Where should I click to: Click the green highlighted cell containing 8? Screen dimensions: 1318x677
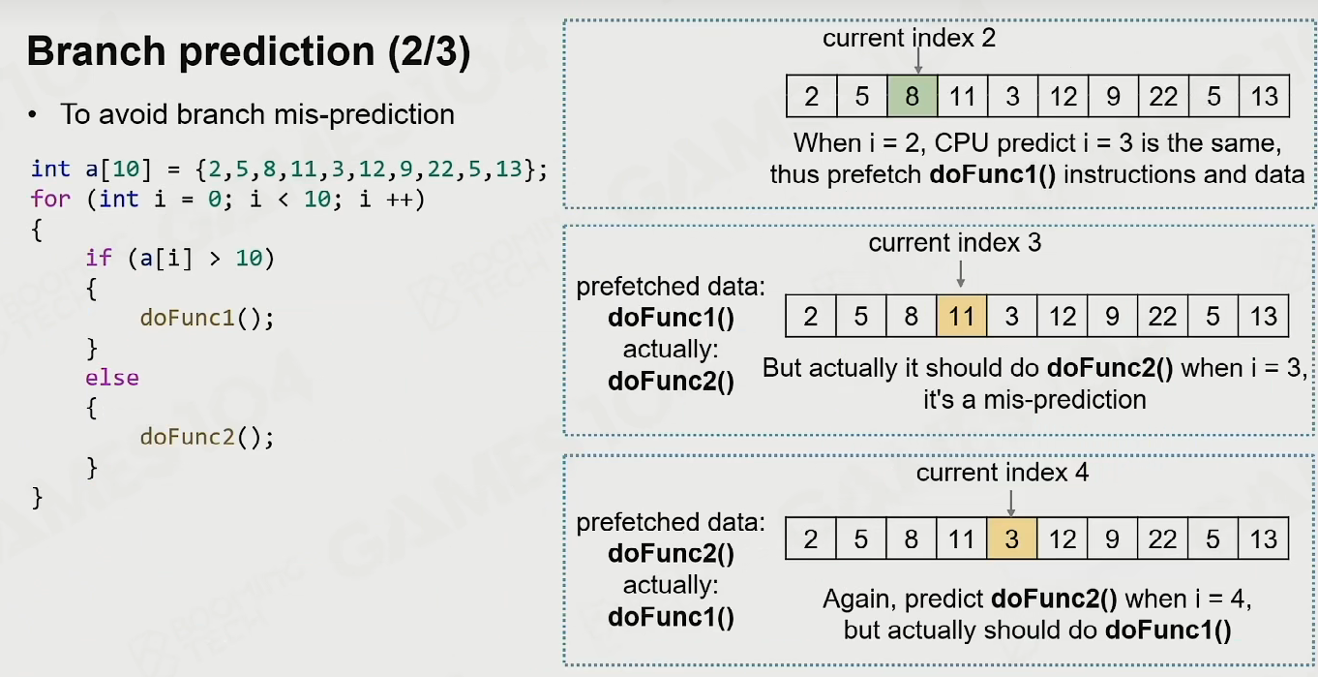(x=912, y=96)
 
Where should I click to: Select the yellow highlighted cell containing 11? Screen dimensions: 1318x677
(x=962, y=316)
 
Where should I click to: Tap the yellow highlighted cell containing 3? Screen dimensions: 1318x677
(x=1012, y=539)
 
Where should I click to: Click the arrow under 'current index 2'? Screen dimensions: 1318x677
(x=918, y=61)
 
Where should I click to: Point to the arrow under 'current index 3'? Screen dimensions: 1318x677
(x=960, y=274)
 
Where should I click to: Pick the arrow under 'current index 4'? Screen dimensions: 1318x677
(x=1011, y=504)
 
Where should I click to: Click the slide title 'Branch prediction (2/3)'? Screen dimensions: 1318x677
(x=249, y=51)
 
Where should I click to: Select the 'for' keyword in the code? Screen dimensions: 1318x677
(x=50, y=199)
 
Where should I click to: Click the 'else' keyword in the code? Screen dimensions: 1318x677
(x=112, y=378)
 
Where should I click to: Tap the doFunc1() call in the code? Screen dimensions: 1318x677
(x=206, y=318)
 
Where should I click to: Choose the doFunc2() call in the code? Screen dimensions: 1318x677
(x=206, y=437)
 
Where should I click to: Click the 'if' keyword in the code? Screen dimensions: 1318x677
(x=99, y=258)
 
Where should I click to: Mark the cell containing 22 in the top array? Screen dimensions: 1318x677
(x=1163, y=96)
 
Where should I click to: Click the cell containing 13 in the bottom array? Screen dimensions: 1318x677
(x=1263, y=539)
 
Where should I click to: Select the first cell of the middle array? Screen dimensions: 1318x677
(x=811, y=316)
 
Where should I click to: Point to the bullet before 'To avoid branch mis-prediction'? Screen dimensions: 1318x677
(x=32, y=115)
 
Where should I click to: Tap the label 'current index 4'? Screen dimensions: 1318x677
(x=1002, y=472)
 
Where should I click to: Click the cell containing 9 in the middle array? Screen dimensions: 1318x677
(x=1112, y=316)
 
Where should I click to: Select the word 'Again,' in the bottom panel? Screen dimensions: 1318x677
(x=859, y=600)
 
